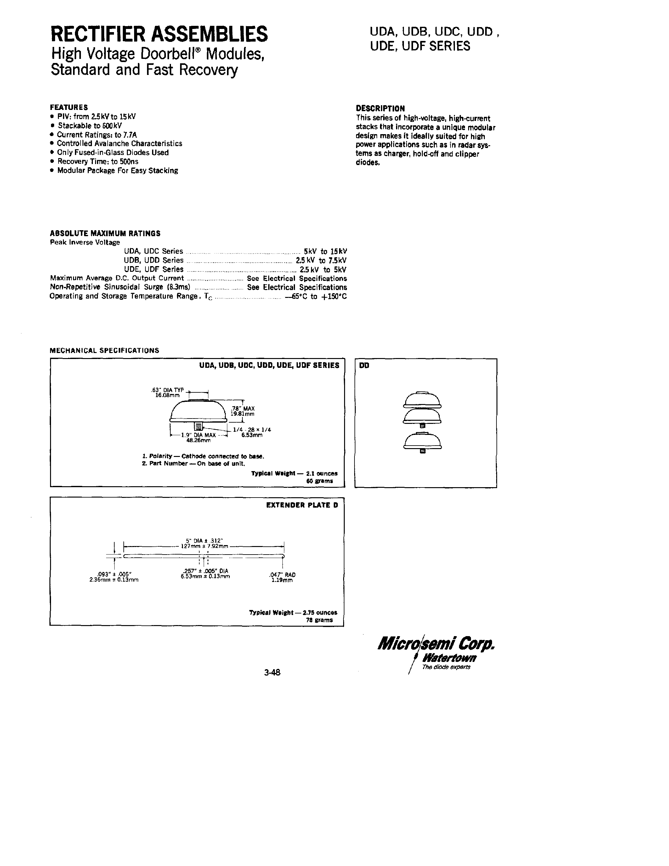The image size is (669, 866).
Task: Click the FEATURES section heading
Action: click(69, 107)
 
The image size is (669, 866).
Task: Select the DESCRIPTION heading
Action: click(380, 108)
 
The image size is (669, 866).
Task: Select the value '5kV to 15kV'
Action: click(325, 251)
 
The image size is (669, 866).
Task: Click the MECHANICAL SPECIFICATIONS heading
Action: click(104, 350)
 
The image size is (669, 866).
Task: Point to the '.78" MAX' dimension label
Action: click(242, 408)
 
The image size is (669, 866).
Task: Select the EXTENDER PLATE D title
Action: click(302, 505)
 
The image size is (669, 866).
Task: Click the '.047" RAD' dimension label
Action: click(282, 575)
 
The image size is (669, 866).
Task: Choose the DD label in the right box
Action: click(364, 366)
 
